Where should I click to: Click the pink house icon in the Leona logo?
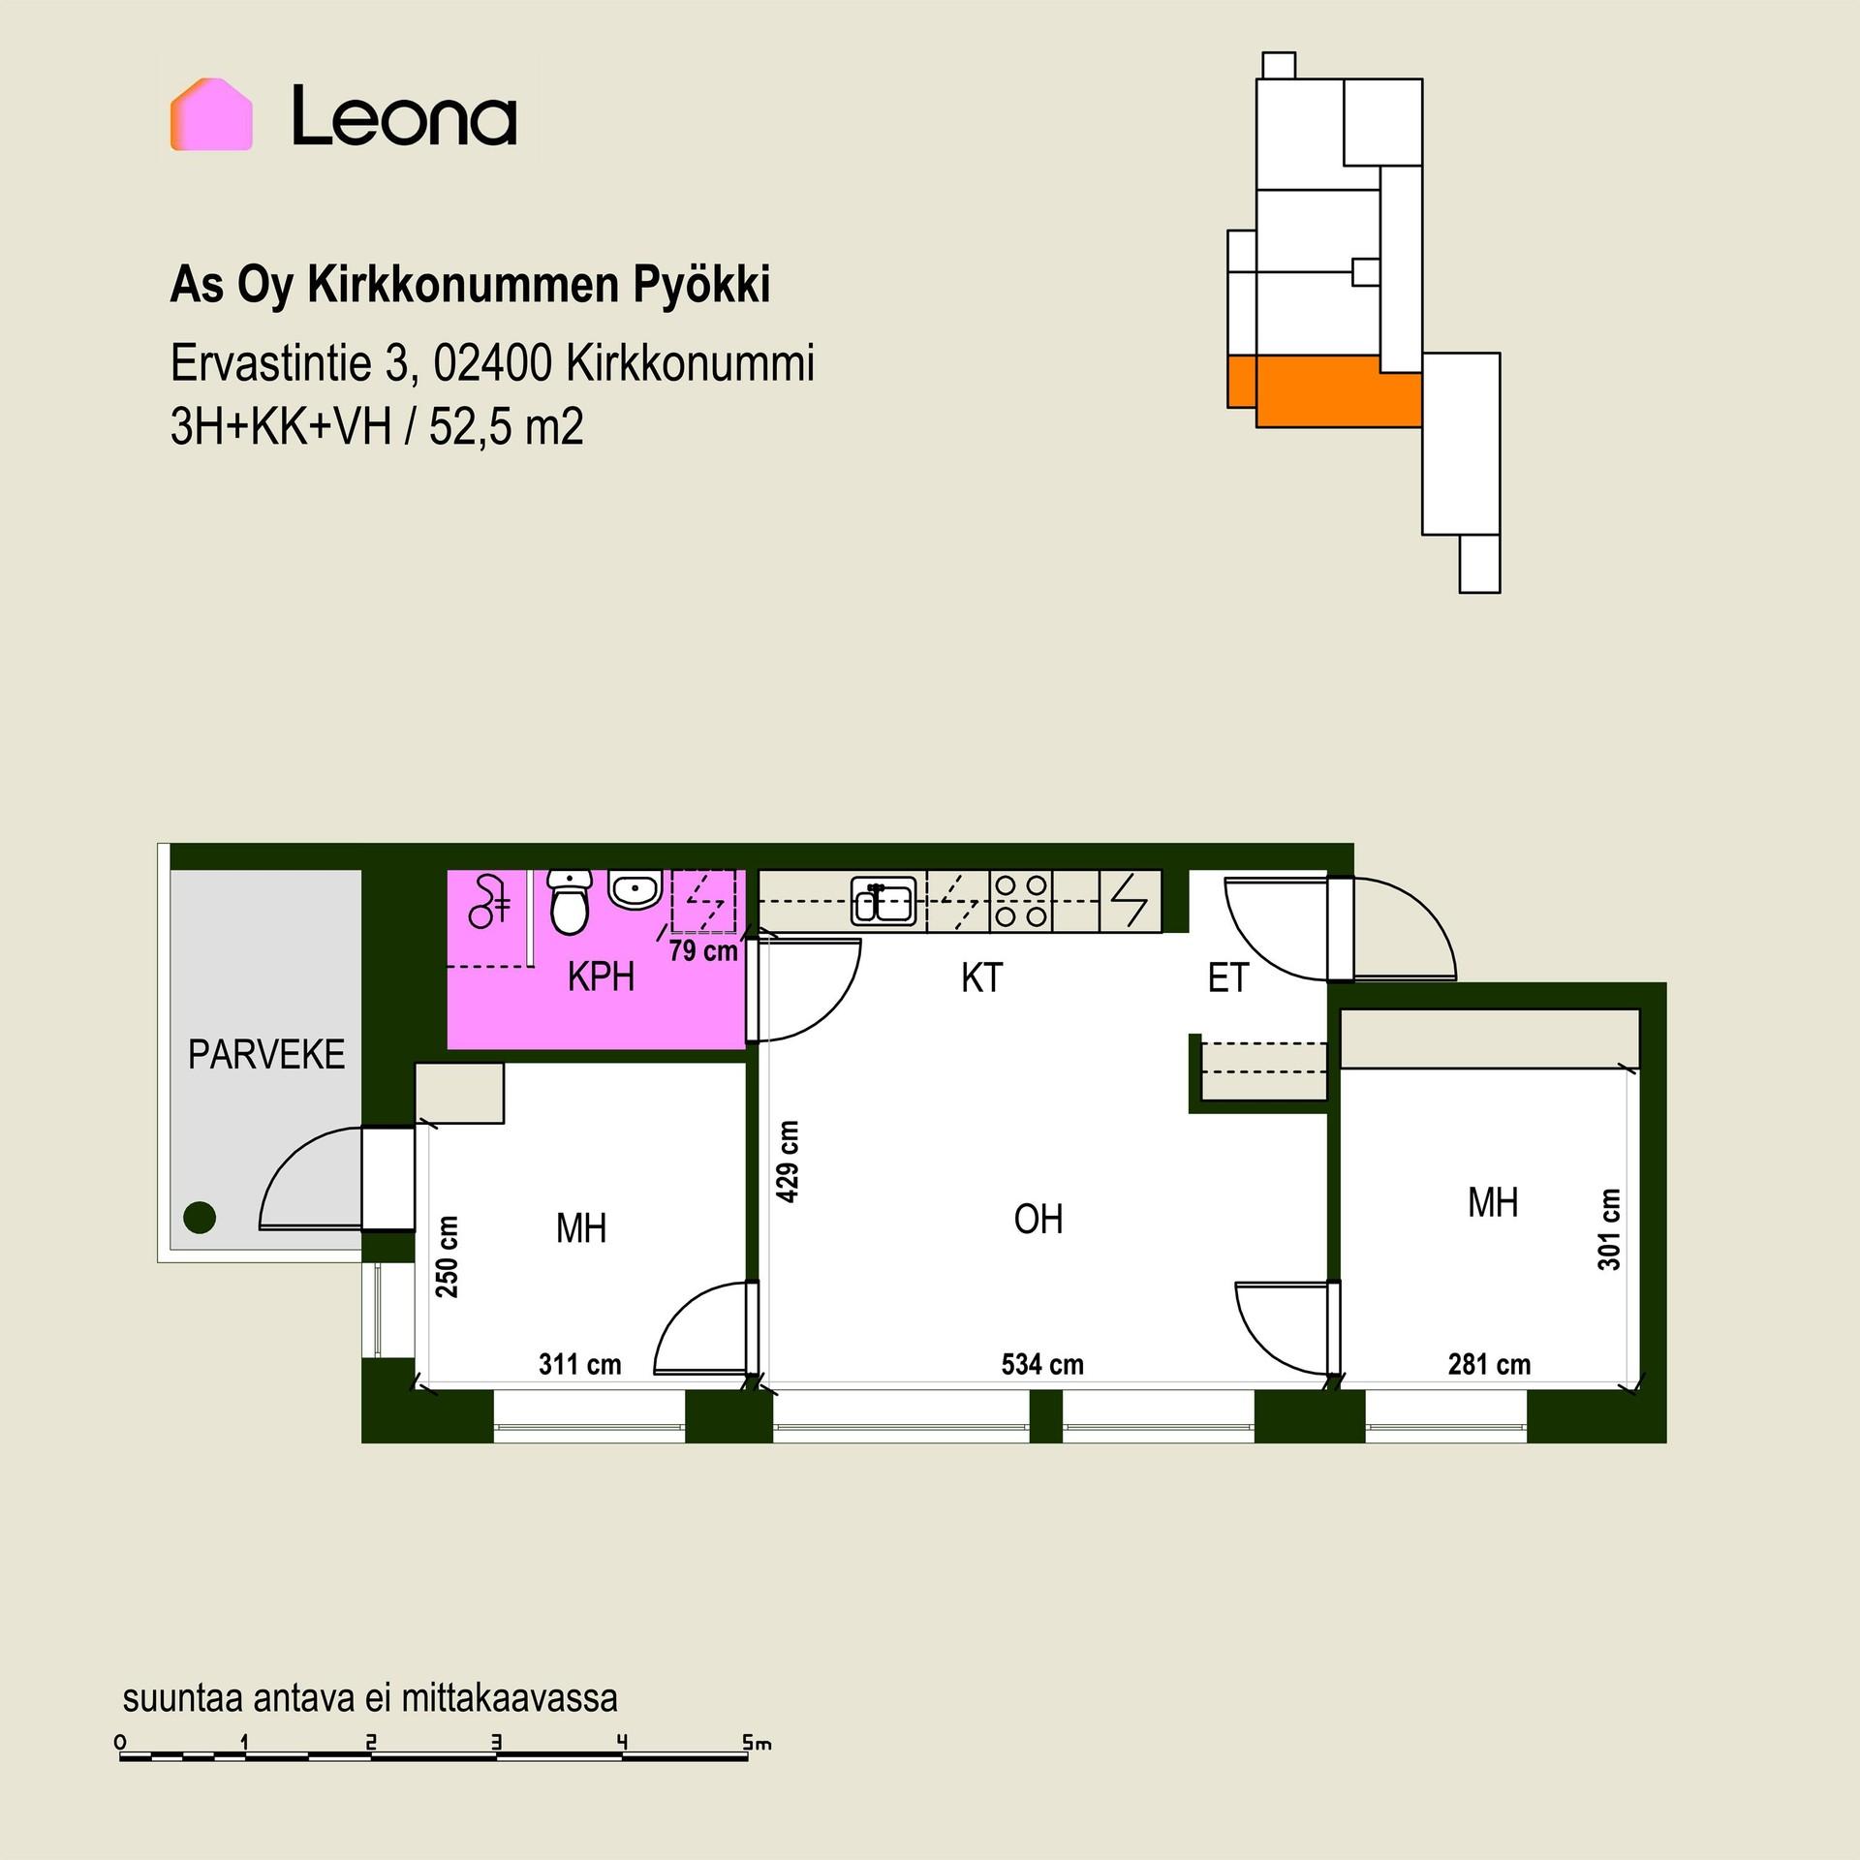point(211,114)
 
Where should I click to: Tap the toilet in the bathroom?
point(570,901)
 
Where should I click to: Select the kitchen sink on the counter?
point(883,903)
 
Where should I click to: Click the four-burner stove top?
point(1021,901)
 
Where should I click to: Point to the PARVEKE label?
point(266,1055)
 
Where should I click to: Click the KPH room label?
point(601,978)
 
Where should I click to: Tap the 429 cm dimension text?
point(789,1162)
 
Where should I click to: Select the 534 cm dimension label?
point(1042,1365)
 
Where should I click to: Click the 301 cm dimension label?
point(1609,1229)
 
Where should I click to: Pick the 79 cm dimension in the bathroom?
point(703,951)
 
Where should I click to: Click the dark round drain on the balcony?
point(200,1217)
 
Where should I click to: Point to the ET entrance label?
point(1228,978)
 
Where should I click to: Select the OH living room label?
point(1038,1219)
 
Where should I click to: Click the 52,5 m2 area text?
point(507,426)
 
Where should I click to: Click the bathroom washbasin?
point(635,888)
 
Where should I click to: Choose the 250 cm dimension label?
point(448,1256)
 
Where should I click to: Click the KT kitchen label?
point(981,978)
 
